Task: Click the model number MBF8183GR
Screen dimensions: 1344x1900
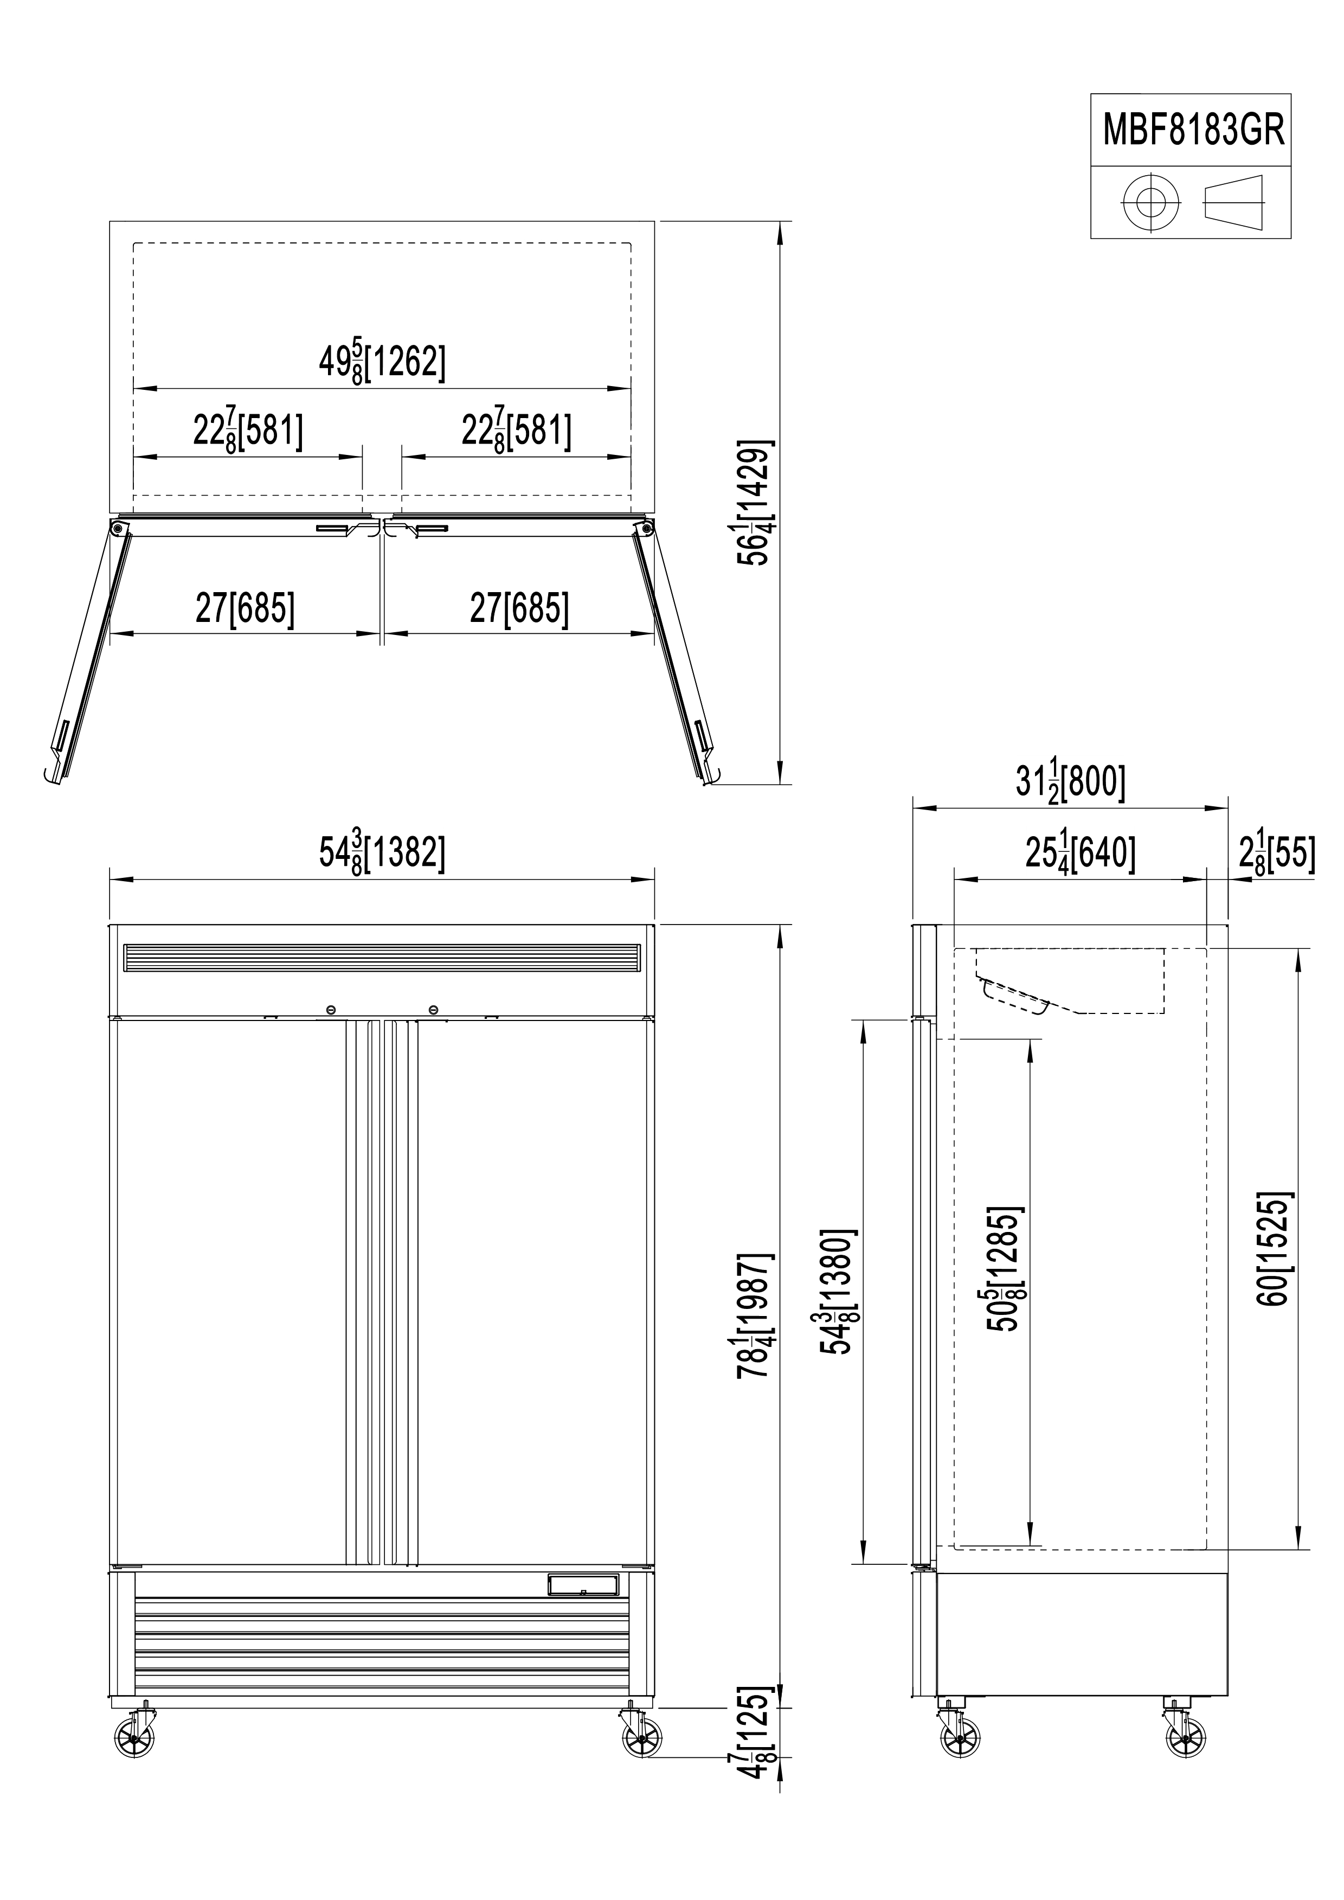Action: tap(1193, 131)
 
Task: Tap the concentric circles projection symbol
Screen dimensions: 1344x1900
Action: tap(1150, 202)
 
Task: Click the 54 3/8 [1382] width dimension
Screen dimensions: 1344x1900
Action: tap(382, 852)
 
